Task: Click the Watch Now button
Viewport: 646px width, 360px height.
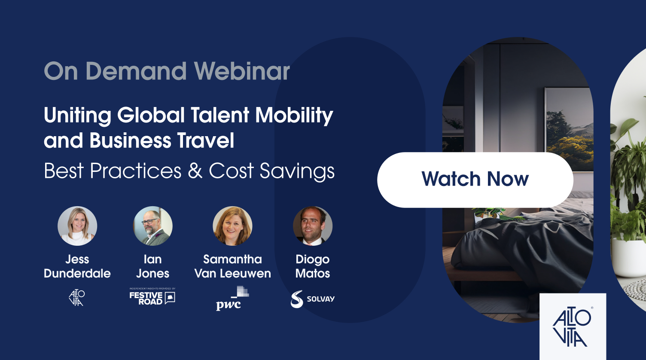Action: click(475, 180)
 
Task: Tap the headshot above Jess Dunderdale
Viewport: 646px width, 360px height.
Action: click(77, 226)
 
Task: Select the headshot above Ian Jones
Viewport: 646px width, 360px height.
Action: click(153, 226)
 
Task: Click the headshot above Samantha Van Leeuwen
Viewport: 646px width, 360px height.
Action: click(232, 226)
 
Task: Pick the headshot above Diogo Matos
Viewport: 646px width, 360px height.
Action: click(313, 226)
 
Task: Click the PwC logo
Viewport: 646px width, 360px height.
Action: click(232, 298)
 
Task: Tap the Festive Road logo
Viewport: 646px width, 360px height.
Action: click(152, 297)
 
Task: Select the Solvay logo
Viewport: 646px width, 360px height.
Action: click(313, 299)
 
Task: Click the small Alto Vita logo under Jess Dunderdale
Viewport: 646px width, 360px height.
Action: click(77, 298)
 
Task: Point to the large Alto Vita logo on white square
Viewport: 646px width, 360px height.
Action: click(573, 327)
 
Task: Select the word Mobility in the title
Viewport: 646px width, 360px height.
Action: click(294, 116)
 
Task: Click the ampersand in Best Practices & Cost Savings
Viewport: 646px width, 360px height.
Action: click(195, 171)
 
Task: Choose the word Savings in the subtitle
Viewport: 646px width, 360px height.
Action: click(297, 171)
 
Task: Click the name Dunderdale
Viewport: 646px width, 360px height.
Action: click(77, 274)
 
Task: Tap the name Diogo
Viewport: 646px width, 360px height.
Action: click(313, 259)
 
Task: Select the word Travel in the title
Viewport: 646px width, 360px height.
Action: click(205, 140)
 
